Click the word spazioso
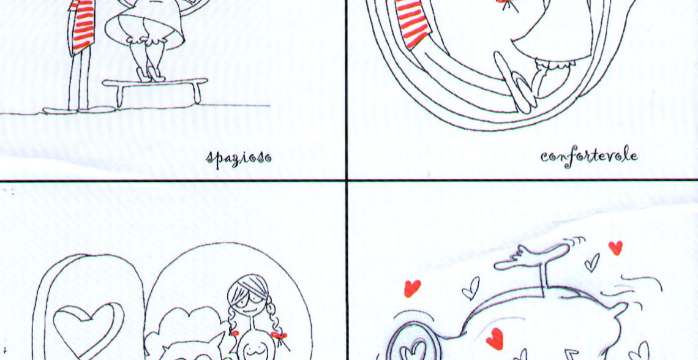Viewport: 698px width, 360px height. (x=239, y=158)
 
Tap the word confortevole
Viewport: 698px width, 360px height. (x=589, y=156)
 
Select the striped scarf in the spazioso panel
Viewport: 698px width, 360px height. (x=83, y=26)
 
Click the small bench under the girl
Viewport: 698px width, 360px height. (x=156, y=91)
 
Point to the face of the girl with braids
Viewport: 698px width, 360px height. (x=249, y=299)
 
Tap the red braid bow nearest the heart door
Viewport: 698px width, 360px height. (x=234, y=333)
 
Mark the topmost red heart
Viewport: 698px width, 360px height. (x=615, y=247)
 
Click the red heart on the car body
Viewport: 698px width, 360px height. (x=495, y=339)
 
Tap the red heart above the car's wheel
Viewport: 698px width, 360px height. (x=412, y=288)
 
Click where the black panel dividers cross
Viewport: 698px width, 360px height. (x=347, y=180)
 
